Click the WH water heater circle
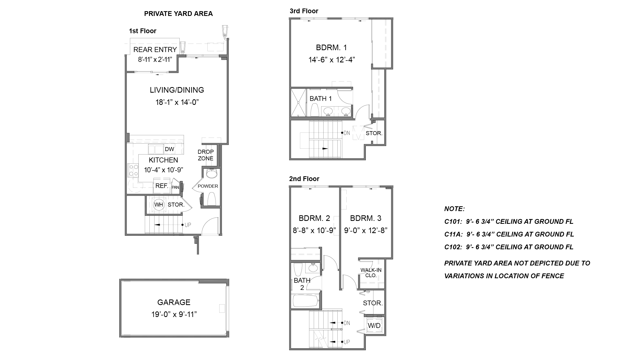159,205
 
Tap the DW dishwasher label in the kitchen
169,149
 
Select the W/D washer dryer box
374,326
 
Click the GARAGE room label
174,302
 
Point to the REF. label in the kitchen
162,186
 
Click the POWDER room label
208,186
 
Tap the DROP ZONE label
205,155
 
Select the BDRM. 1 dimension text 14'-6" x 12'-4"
332,60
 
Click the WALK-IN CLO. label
371,273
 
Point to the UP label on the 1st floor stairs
188,225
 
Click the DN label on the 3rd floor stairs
347,133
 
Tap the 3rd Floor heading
304,11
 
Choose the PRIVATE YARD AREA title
178,14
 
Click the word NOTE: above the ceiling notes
454,209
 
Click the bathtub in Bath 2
306,301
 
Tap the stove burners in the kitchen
133,170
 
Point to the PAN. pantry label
175,187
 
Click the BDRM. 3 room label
366,218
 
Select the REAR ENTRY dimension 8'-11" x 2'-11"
155,59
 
